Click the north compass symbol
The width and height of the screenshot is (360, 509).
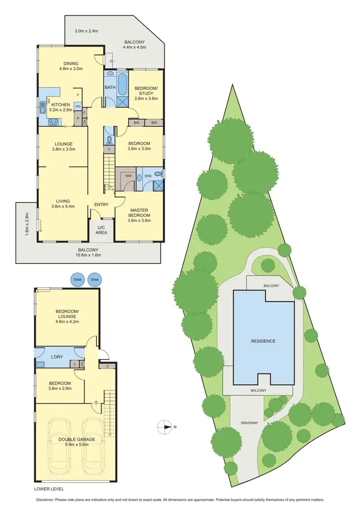(164, 426)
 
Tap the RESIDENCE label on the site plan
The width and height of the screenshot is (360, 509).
(263, 341)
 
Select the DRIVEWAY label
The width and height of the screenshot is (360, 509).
(251, 424)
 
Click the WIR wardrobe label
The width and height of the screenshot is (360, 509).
(128, 176)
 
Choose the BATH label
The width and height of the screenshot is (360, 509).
(109, 87)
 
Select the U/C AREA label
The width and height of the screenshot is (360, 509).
(101, 230)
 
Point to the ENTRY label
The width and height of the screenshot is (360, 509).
(101, 205)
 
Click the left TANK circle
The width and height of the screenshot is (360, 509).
(77, 279)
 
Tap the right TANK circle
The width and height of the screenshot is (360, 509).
(95, 279)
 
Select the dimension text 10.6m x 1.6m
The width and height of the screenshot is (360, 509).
(88, 255)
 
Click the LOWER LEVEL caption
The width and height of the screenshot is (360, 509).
(49, 489)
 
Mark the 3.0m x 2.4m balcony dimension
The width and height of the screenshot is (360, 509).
(86, 31)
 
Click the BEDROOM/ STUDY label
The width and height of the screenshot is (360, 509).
(146, 93)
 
